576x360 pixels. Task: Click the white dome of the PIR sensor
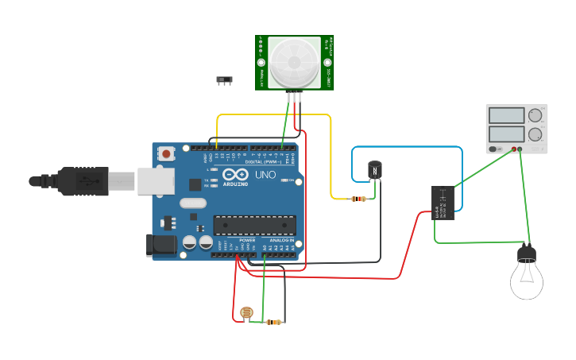coord(295,62)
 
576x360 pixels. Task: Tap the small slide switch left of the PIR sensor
coord(225,80)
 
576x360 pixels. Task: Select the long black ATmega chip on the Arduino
coord(254,225)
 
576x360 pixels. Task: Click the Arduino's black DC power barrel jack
coord(163,246)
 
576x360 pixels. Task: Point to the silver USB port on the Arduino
coord(155,180)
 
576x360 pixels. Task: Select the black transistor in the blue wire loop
coord(374,169)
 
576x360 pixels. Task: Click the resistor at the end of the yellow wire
coord(358,199)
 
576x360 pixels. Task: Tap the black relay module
coord(443,203)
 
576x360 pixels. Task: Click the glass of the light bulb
coord(526,281)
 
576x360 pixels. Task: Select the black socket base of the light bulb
coord(527,254)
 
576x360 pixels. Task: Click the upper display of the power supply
coord(506,115)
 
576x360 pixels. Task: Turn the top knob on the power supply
coord(535,116)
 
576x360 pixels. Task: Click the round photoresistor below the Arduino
coord(246,314)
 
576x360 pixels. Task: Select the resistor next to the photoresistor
coord(274,322)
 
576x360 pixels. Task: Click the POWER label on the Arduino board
coord(247,240)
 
